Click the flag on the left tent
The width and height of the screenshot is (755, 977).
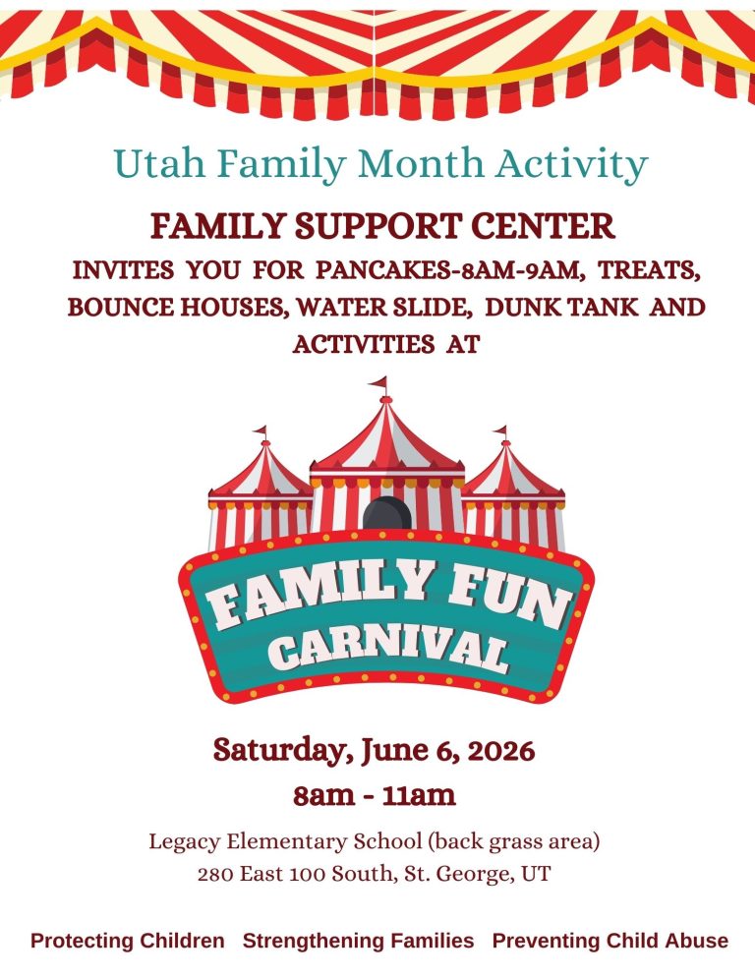coord(261,431)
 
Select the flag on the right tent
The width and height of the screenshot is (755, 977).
coord(501,431)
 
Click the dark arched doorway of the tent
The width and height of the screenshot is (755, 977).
coord(386,513)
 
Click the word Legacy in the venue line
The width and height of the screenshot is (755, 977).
coord(184,842)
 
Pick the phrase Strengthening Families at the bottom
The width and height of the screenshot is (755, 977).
coord(358,941)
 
